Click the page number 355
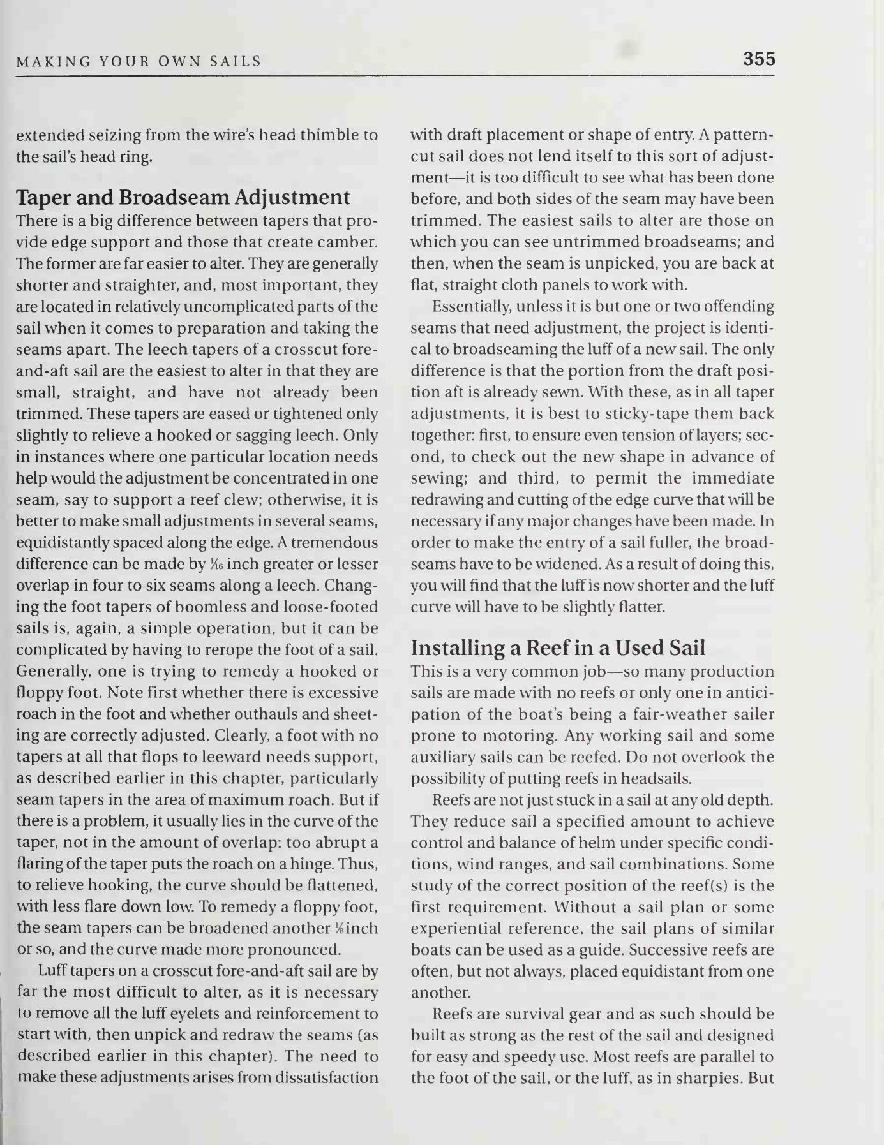click(x=759, y=59)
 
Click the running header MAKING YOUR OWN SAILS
click(x=139, y=61)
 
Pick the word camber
click(x=348, y=243)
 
